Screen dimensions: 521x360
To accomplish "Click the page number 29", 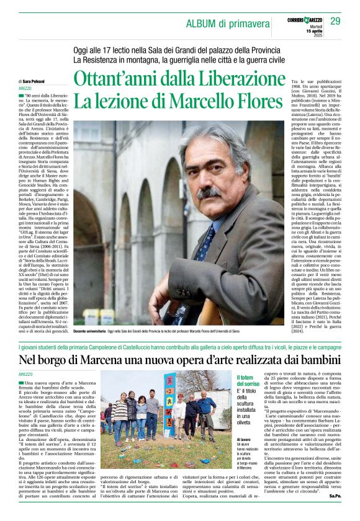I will click(335, 21).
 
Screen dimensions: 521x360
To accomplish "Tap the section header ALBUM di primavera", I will click(228, 24).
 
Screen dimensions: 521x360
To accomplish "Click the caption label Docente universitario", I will click(92, 315).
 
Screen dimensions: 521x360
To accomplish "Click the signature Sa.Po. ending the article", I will click(335, 514).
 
